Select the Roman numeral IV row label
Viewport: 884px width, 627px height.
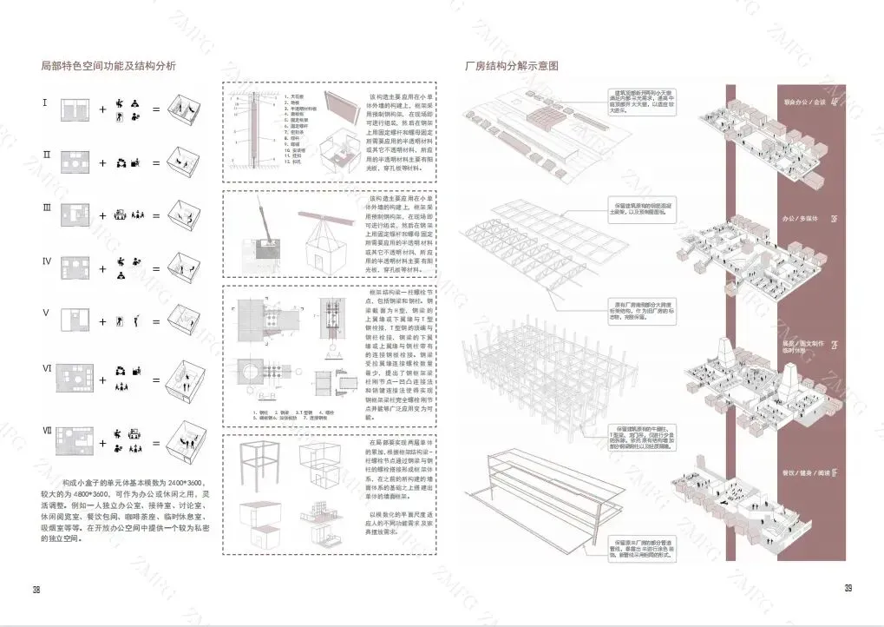pyautogui.click(x=48, y=261)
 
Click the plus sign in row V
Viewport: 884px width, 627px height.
pyautogui.click(x=102, y=321)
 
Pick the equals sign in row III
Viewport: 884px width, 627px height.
pyautogui.click(x=156, y=214)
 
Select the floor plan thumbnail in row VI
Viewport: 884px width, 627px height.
pyautogui.click(x=76, y=379)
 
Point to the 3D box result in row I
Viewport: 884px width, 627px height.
pyautogui.click(x=187, y=109)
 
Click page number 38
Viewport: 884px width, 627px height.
pyautogui.click(x=36, y=590)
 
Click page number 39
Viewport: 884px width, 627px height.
pyautogui.click(x=848, y=588)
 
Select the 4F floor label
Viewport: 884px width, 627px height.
pyautogui.click(x=834, y=102)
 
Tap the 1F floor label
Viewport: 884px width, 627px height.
pyautogui.click(x=834, y=472)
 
